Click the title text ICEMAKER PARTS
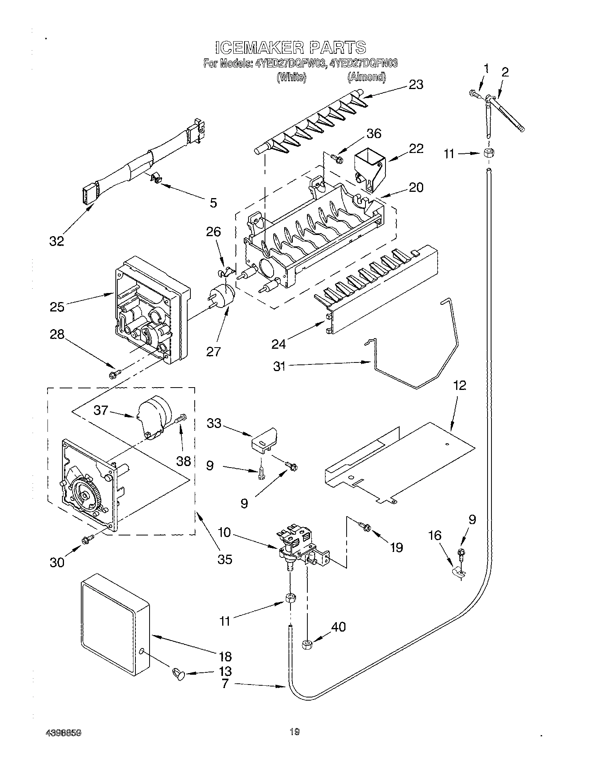pos(291,47)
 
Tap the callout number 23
pos(416,84)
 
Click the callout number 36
pos(373,133)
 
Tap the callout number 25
pos(57,306)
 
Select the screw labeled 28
pos(114,375)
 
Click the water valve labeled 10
pos(300,545)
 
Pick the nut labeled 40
pos(307,644)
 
